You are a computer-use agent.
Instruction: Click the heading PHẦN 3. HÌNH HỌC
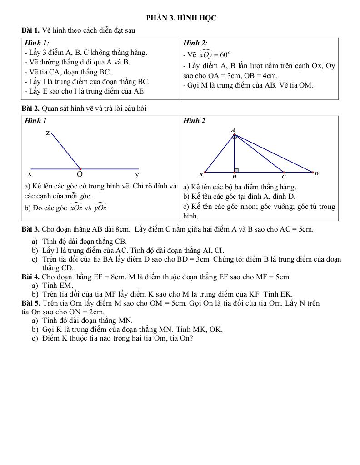(x=181, y=18)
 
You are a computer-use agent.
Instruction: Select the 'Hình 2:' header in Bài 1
(x=195, y=43)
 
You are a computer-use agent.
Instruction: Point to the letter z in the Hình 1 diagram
(x=47, y=133)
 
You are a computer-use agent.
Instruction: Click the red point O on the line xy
(x=80, y=169)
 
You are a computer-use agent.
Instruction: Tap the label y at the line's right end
(x=137, y=174)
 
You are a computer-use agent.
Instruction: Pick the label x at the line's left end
(x=30, y=174)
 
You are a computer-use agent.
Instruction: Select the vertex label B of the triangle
(x=201, y=174)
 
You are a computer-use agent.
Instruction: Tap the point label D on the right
(x=316, y=173)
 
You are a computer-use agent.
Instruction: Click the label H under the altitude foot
(x=235, y=177)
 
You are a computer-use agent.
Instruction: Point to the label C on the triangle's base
(x=283, y=177)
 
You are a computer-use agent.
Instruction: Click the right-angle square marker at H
(x=236, y=170)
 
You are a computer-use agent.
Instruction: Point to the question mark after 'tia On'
(x=191, y=338)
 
